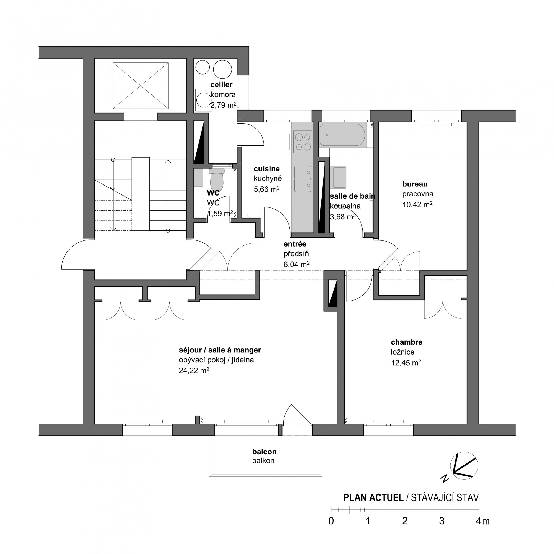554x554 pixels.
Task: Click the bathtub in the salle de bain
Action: pyautogui.click(x=342, y=135)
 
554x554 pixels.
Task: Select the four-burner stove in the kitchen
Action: pyautogui.click(x=303, y=142)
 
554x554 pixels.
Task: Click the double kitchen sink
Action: pyautogui.click(x=303, y=179)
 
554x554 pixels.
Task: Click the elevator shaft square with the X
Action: pyautogui.click(x=140, y=86)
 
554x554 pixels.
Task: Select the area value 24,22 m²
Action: pyautogui.click(x=194, y=370)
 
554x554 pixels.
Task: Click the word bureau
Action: pyautogui.click(x=415, y=184)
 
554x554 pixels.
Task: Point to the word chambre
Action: pyautogui.click(x=407, y=342)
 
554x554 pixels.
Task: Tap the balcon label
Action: pyautogui.click(x=264, y=452)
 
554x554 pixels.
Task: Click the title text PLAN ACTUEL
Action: pyautogui.click(x=374, y=498)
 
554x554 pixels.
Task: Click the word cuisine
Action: pyautogui.click(x=267, y=169)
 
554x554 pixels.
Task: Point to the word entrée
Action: pyautogui.click(x=295, y=244)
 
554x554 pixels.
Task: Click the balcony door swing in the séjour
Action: pyautogui.click(x=297, y=415)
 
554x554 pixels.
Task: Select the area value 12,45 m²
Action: pyautogui.click(x=406, y=363)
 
